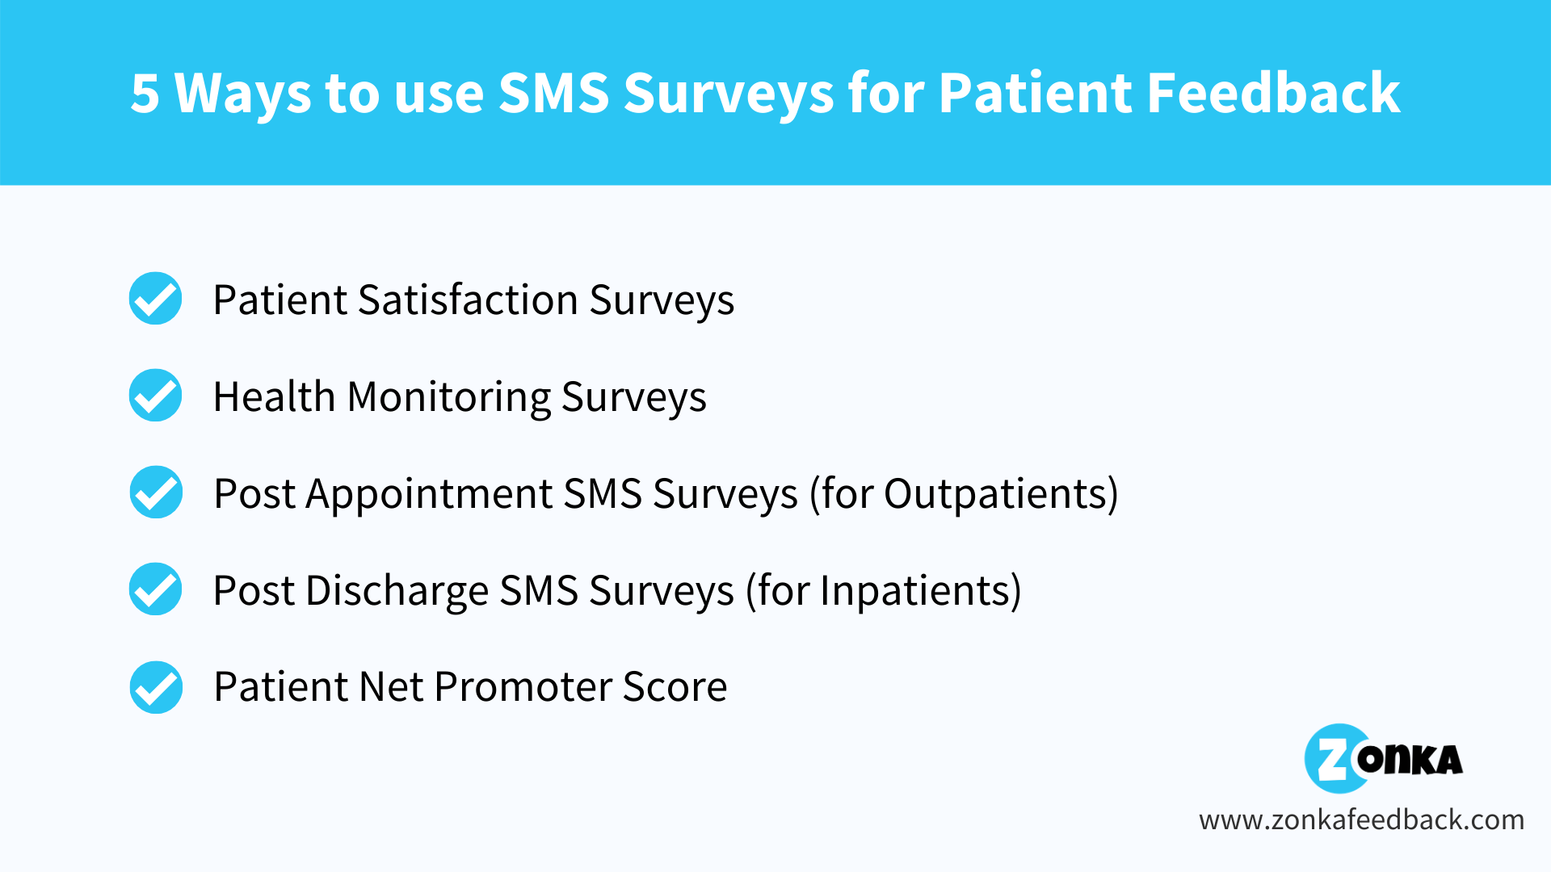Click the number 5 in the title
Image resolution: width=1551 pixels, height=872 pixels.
(x=145, y=93)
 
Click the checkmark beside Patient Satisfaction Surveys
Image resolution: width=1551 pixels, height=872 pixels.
(x=156, y=299)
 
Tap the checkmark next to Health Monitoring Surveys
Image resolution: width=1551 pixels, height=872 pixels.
(x=156, y=396)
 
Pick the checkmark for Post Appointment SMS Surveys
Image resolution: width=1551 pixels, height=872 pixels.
(x=156, y=493)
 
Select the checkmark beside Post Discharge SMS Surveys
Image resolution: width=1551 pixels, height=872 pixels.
(x=156, y=589)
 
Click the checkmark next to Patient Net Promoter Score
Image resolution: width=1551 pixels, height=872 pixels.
(x=156, y=687)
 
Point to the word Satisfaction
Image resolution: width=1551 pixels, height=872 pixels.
(x=469, y=300)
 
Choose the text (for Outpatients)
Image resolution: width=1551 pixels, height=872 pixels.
(x=965, y=494)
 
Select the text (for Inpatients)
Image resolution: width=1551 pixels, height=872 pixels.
(x=884, y=591)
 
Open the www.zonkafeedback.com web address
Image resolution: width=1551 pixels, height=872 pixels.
(x=1361, y=820)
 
